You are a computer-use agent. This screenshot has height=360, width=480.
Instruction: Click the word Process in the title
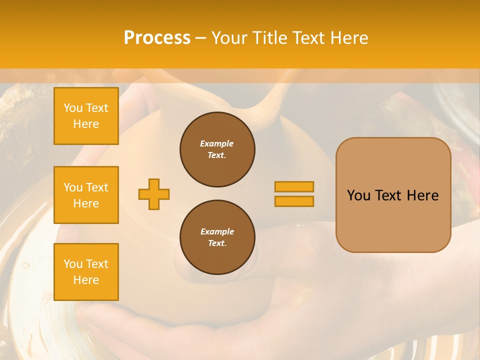pyautogui.click(x=157, y=38)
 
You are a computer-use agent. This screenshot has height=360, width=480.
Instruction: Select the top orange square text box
pyautogui.click(x=86, y=116)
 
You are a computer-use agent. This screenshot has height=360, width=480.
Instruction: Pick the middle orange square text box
pyautogui.click(x=86, y=195)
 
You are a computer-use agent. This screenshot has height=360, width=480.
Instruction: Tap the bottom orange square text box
pyautogui.click(x=86, y=272)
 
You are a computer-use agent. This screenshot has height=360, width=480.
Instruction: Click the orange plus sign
pyautogui.click(x=154, y=194)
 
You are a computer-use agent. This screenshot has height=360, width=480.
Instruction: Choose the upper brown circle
pyautogui.click(x=217, y=149)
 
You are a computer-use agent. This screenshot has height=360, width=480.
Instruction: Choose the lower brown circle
pyautogui.click(x=217, y=237)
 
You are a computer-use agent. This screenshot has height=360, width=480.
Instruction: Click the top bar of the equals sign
pyautogui.click(x=294, y=187)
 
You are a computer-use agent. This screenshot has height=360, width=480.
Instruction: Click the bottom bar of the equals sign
pyautogui.click(x=294, y=201)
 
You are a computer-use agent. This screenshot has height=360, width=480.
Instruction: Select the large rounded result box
pyautogui.click(x=393, y=195)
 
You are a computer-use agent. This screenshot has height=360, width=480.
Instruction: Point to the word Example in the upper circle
pyautogui.click(x=217, y=144)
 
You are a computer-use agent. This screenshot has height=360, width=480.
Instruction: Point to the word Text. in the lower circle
pyautogui.click(x=217, y=243)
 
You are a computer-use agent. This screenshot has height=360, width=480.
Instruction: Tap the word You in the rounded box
pyautogui.click(x=358, y=195)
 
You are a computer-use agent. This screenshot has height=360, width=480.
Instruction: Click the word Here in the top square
pyautogui.click(x=86, y=124)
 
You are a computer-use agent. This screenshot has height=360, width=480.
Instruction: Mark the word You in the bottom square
pyautogui.click(x=73, y=264)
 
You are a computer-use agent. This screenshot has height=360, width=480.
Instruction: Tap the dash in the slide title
pyautogui.click(x=200, y=38)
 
